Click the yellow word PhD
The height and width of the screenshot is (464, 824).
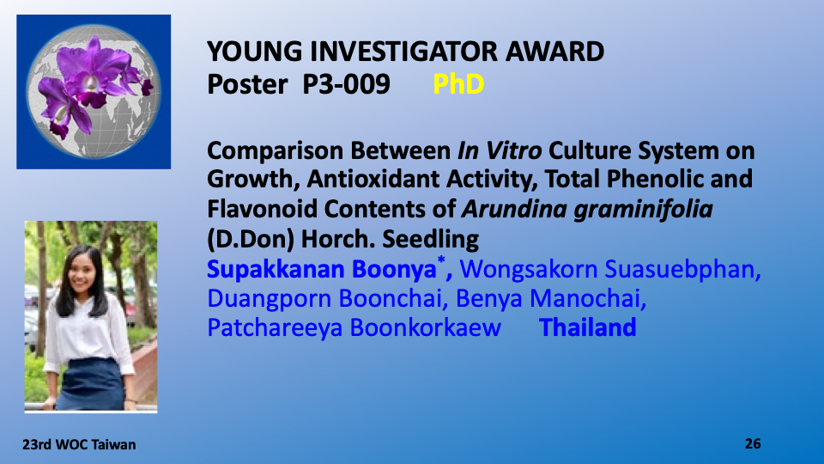click(458, 84)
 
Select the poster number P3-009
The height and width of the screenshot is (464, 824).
click(346, 84)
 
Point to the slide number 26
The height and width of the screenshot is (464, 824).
click(753, 444)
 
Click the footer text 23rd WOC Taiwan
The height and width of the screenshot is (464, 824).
click(79, 445)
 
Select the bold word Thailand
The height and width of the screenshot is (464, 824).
click(587, 327)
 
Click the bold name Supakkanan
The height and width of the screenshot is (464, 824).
click(276, 269)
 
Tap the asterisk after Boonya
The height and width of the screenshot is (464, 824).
click(441, 259)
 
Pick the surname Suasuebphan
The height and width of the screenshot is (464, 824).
click(682, 269)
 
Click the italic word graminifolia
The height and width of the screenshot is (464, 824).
click(643, 210)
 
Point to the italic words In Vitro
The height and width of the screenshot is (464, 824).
click(500, 151)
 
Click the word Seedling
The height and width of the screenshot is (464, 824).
click(430, 240)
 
